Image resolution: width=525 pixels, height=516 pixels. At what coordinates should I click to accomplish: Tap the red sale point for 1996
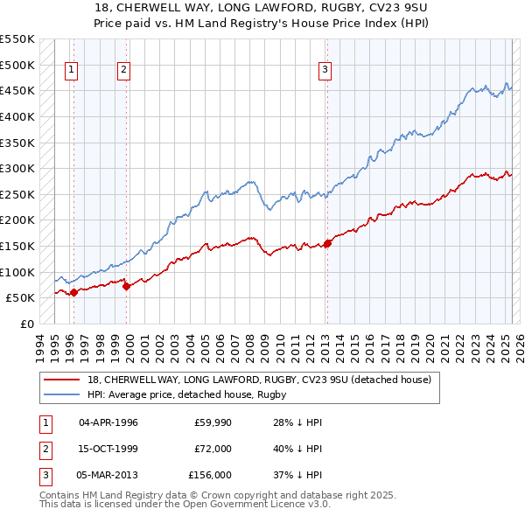(x=73, y=292)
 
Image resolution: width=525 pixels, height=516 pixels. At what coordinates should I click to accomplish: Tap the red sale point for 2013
(x=327, y=243)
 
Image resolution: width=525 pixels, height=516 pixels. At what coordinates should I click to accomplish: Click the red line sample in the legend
(x=62, y=380)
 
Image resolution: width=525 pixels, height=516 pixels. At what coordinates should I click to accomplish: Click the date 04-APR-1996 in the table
(x=108, y=422)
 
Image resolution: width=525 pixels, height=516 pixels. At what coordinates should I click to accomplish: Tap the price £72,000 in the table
(x=213, y=449)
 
